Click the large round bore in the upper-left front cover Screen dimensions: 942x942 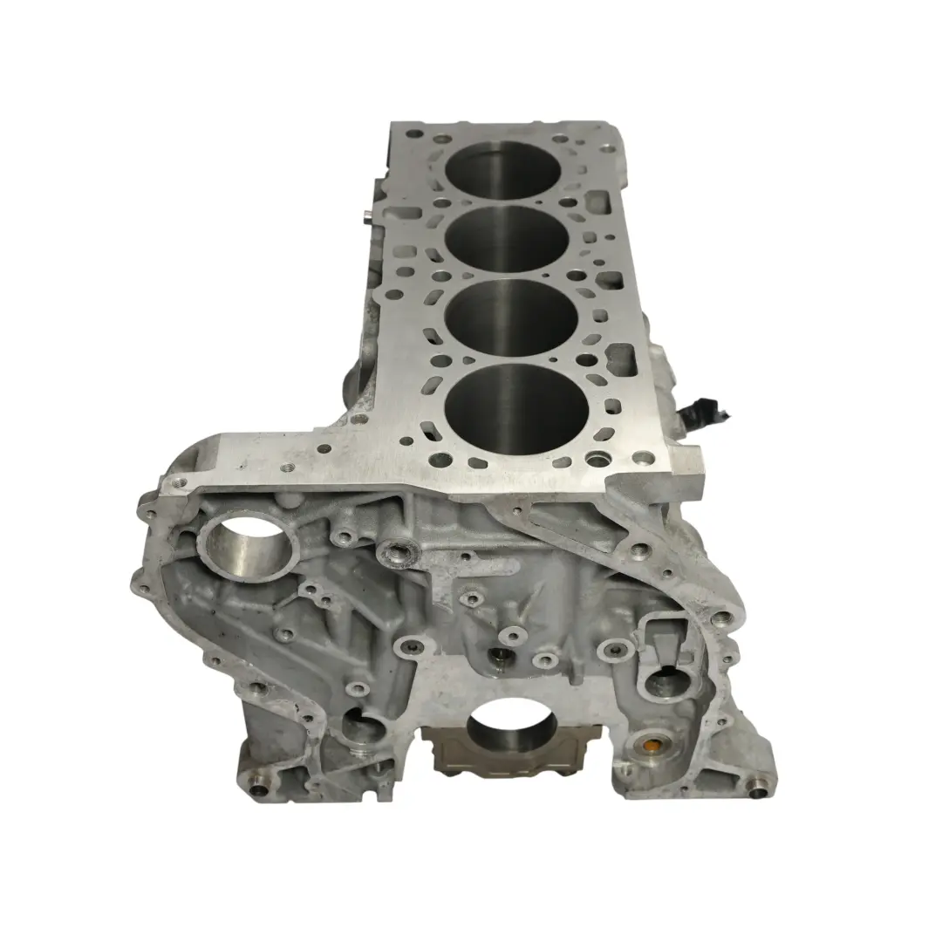coord(250,543)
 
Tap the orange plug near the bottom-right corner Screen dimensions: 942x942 coord(650,747)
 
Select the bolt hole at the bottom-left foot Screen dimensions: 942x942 coord(258,790)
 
